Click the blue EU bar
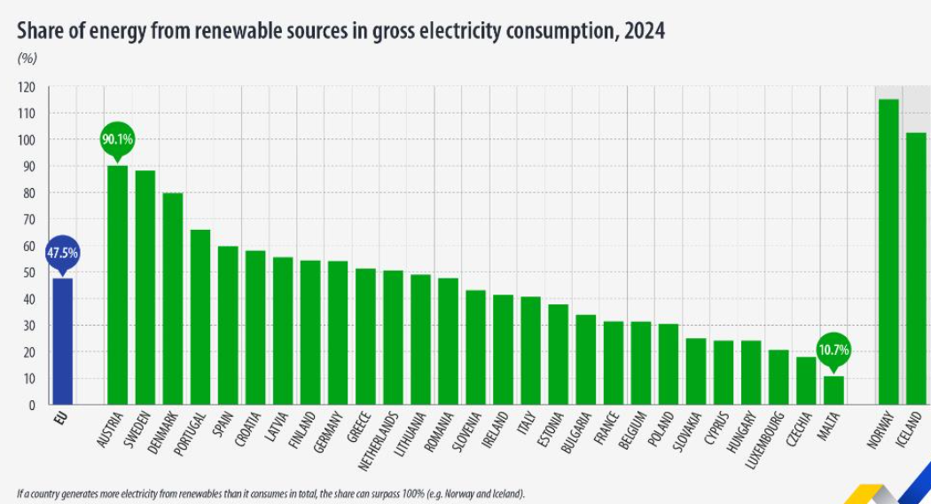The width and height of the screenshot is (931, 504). pos(62,342)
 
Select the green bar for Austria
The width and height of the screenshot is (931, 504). pos(117,284)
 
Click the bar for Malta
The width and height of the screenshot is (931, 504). pos(833,390)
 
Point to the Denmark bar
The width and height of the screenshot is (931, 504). pos(172,298)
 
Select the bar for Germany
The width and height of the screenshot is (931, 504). pos(338,333)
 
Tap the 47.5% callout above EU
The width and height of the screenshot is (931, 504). pos(62,253)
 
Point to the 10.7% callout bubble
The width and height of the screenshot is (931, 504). pos(833,350)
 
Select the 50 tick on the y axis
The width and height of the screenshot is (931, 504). pos(28,272)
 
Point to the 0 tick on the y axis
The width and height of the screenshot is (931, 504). pos(31,406)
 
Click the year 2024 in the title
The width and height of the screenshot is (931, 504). pos(644,31)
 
